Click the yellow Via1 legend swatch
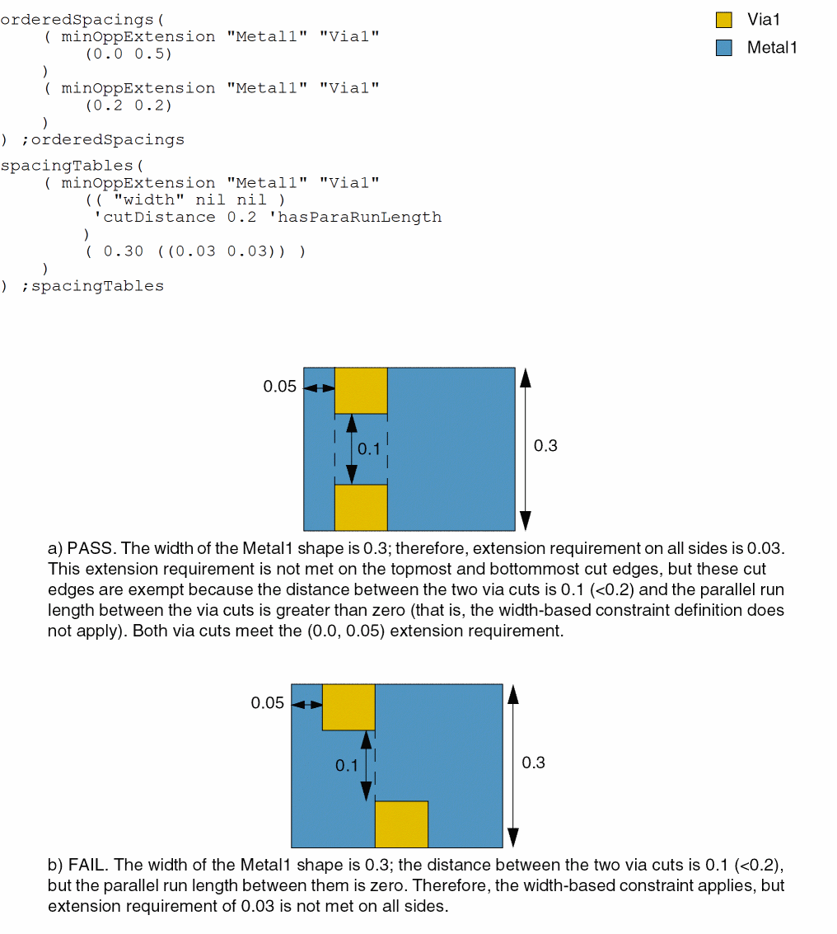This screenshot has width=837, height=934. (724, 20)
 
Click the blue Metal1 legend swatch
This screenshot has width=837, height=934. (724, 48)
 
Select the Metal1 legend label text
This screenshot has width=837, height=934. (772, 48)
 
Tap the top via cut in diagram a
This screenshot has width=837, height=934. (361, 390)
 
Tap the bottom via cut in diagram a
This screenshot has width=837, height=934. (361, 507)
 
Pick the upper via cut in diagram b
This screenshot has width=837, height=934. (348, 706)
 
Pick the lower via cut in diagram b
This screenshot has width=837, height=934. (401, 824)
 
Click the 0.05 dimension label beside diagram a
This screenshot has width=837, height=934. (279, 387)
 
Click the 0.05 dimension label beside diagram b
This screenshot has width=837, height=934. (267, 703)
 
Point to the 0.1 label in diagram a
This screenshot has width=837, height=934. (369, 449)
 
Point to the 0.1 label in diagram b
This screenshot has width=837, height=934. (346, 766)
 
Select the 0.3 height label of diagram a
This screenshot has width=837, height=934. (545, 446)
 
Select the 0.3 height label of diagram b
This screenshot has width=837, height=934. (533, 763)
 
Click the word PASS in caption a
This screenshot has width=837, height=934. (86, 548)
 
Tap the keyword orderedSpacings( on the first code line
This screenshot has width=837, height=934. (82, 20)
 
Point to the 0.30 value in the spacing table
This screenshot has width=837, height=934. (123, 251)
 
